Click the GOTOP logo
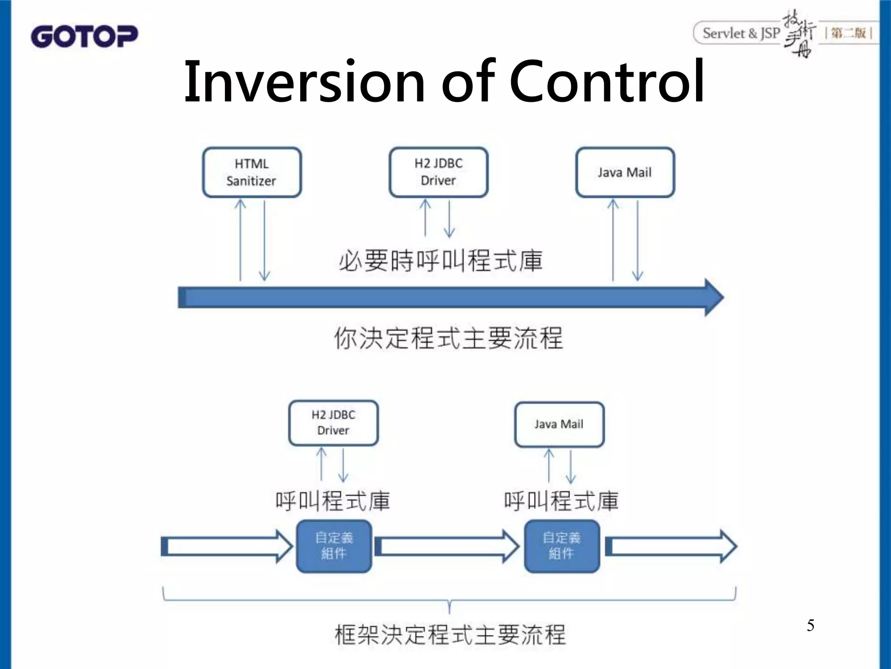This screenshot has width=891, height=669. tap(84, 36)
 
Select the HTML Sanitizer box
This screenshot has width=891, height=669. tap(251, 172)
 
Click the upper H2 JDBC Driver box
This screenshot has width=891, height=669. tap(438, 172)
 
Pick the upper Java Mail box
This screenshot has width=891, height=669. tap(625, 172)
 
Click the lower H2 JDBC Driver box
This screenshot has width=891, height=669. tap(333, 423)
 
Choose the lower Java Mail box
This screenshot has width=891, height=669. tap(559, 424)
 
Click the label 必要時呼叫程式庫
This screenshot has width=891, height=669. tap(440, 261)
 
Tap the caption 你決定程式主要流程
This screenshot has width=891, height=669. tap(448, 338)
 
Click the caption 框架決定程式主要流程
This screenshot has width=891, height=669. tap(450, 635)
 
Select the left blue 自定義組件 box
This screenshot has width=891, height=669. tap(334, 546)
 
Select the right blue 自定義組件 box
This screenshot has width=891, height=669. tap(562, 546)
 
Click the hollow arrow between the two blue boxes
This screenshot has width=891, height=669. tap(446, 546)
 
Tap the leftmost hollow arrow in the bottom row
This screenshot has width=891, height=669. tap(226, 546)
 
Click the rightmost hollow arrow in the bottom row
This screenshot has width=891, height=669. tap(670, 546)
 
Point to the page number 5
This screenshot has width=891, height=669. tap(810, 625)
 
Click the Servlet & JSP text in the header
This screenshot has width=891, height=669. tap(741, 33)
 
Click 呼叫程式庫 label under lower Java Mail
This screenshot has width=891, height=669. tap(561, 501)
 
